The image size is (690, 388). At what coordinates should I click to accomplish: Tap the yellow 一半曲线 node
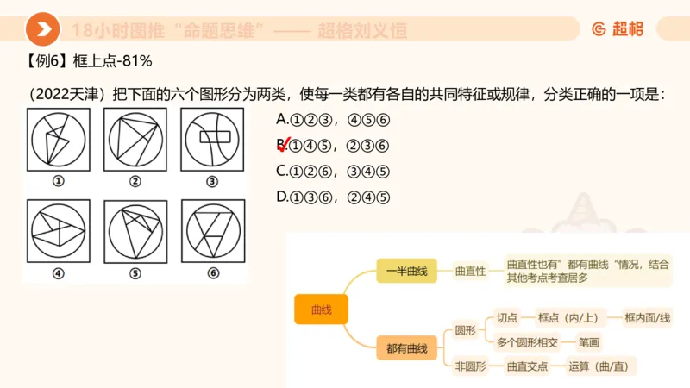pos(407,271)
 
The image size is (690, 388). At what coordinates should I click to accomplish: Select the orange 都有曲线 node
pos(407,348)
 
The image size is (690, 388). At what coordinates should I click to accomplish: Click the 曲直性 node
pos(470,271)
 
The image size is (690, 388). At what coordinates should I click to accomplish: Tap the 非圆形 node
pos(470,366)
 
